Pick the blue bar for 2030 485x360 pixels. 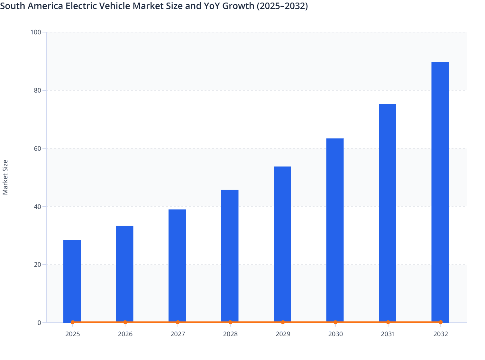point(335,230)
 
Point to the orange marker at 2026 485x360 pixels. point(125,322)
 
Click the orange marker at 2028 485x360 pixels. point(230,322)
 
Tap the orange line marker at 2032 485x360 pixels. point(440,322)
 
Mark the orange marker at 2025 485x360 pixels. point(73,322)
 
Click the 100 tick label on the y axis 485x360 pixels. point(36,32)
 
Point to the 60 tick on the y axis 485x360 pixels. point(37,148)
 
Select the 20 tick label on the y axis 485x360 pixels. point(37,265)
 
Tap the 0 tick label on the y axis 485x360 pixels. point(39,323)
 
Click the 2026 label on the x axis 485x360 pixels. point(125,334)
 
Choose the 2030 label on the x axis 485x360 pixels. point(335,334)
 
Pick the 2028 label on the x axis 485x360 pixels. point(230,334)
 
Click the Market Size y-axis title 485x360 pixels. point(5,177)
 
